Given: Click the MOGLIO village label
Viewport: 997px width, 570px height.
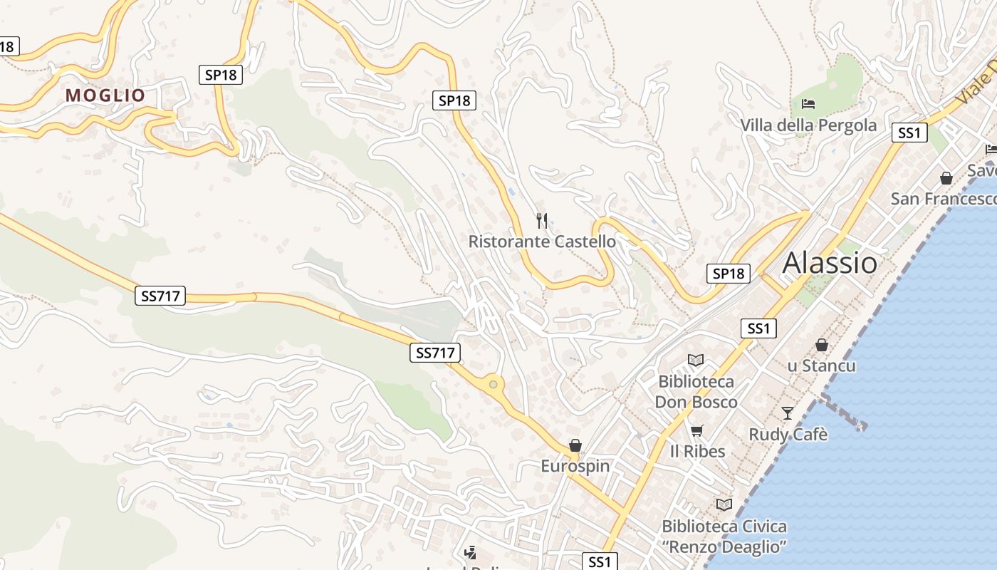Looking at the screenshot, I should pos(105,95).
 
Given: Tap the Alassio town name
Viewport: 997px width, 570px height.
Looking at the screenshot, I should pos(830,263).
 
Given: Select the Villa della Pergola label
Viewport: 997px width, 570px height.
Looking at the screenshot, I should pos(808,125).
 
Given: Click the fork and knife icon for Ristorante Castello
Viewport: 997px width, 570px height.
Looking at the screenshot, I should pos(543,221).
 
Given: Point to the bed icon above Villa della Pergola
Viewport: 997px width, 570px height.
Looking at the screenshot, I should pos(808,104).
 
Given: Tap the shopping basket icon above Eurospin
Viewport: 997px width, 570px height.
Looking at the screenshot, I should pos(575,446).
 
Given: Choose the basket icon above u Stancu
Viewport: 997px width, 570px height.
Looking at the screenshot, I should pos(822,345).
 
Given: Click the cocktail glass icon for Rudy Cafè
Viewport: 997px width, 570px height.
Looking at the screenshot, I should pos(788,413).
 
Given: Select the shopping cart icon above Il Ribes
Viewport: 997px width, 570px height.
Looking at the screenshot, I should pos(697,430).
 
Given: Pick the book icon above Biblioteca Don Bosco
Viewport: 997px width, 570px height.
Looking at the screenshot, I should pos(695,361).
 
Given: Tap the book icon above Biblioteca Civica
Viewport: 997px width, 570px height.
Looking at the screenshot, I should pos(724,504).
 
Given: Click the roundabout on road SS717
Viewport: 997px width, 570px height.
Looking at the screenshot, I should pos(493,385).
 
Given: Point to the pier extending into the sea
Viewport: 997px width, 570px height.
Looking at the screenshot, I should pos(844,413).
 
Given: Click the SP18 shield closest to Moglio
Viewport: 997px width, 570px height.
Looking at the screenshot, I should pos(220,74).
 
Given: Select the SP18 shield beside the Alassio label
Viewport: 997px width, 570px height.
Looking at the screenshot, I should pos(729,273).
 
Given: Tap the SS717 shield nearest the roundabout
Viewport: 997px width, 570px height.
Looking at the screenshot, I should pos(434,352).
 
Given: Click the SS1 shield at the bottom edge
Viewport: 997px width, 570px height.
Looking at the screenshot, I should pos(600,561).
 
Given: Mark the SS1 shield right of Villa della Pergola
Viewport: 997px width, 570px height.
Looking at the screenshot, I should pos(909,133).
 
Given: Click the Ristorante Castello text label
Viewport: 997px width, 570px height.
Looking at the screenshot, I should pos(542,242).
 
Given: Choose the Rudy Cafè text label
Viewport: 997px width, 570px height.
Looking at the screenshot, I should pos(788,434).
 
